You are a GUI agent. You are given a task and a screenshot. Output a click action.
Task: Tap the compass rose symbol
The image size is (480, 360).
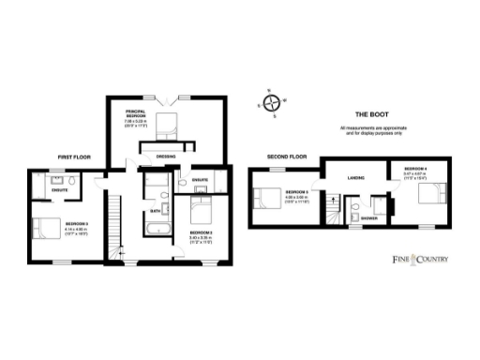[x=272, y=104]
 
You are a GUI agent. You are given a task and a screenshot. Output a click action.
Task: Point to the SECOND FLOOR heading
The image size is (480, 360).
[x=287, y=157]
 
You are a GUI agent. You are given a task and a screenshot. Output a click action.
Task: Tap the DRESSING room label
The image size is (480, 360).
[x=166, y=157]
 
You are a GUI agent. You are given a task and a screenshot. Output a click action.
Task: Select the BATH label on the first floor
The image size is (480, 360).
[x=156, y=212]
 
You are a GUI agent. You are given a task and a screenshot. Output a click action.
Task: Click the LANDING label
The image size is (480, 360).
[x=355, y=176]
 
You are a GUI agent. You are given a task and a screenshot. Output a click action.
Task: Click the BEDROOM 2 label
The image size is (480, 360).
[x=202, y=232]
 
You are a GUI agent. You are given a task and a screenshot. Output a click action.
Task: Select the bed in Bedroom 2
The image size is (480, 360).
[x=202, y=203]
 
